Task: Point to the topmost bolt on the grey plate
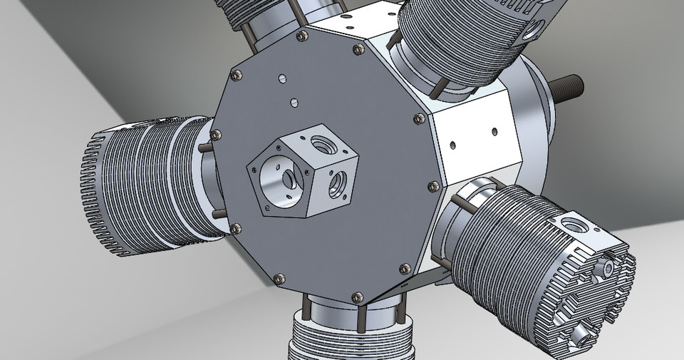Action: [301, 36]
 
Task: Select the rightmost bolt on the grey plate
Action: [432, 187]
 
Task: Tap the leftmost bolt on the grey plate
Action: [216, 134]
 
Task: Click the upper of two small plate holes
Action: [283, 78]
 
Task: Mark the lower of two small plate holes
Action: [292, 103]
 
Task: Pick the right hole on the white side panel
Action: [494, 130]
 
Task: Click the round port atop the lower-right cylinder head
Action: [571, 225]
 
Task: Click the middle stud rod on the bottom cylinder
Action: [363, 314]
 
